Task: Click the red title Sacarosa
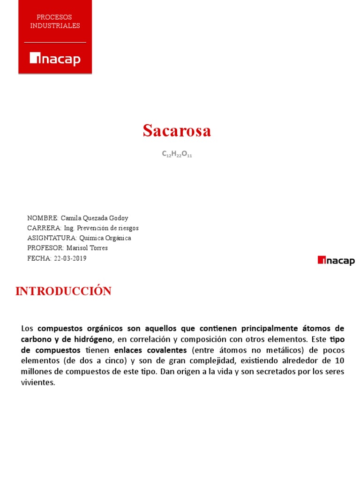point(177,131)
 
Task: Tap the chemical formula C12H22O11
point(177,154)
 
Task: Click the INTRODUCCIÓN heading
point(63,291)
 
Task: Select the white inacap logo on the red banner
point(55,59)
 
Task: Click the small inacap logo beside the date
point(336,261)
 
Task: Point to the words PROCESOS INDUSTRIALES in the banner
point(55,22)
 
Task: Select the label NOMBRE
point(43,218)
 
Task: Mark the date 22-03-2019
point(70,258)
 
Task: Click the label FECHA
point(39,258)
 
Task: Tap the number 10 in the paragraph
point(340,360)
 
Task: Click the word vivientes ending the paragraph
point(38,382)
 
